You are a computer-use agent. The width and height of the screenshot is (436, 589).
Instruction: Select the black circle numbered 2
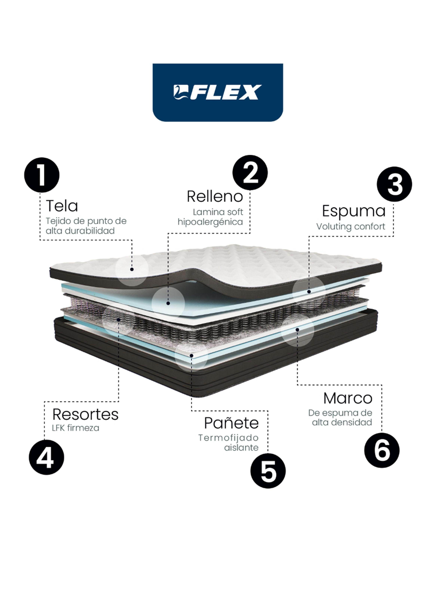pyautogui.click(x=250, y=173)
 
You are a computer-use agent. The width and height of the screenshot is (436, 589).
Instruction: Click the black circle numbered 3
pyautogui.click(x=394, y=184)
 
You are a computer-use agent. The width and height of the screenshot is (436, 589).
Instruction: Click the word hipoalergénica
pyautogui.click(x=210, y=222)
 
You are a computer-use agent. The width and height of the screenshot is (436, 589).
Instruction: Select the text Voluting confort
pyautogui.click(x=351, y=227)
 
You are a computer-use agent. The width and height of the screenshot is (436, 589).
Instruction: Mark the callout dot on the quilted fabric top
pyautogui.click(x=132, y=269)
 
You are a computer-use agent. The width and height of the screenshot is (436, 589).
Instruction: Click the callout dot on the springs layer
pyautogui.click(x=119, y=319)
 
